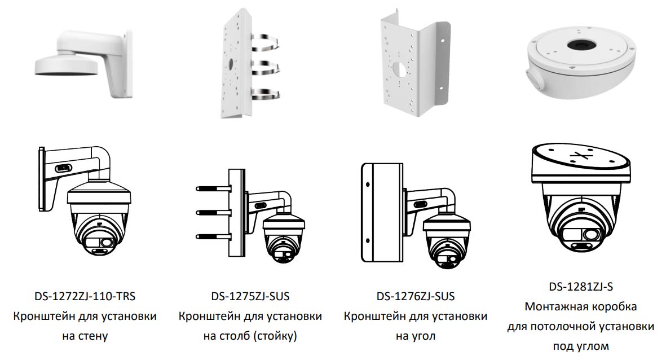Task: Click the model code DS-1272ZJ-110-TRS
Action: pos(85,296)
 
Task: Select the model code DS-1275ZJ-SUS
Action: pos(250,296)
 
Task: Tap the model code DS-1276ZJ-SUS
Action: pos(416,296)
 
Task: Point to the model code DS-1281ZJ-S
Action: pos(581,287)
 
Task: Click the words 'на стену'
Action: pos(85,336)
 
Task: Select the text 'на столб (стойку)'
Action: pos(250,336)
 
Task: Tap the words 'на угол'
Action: pos(416,336)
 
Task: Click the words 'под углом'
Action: pos(581,346)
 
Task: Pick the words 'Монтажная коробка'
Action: pos(581,306)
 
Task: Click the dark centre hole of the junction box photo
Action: pos(580,43)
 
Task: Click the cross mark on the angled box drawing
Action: pos(580,156)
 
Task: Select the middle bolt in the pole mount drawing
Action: pos(213,212)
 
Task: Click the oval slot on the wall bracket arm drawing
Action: pos(63,168)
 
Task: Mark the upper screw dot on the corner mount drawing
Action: pos(368,185)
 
